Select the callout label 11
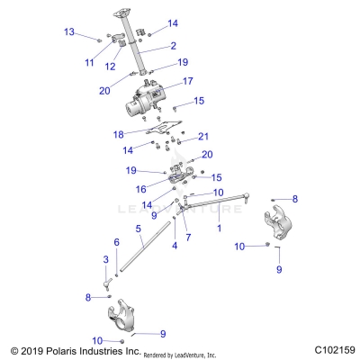(x=89, y=62)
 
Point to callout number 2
(x=173, y=45)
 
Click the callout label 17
(x=188, y=81)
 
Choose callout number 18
(x=143, y=134)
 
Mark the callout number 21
(x=203, y=137)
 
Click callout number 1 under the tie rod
(x=219, y=229)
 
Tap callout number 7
(x=188, y=237)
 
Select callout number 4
(x=174, y=245)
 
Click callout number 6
(x=116, y=243)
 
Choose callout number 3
(x=105, y=259)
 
